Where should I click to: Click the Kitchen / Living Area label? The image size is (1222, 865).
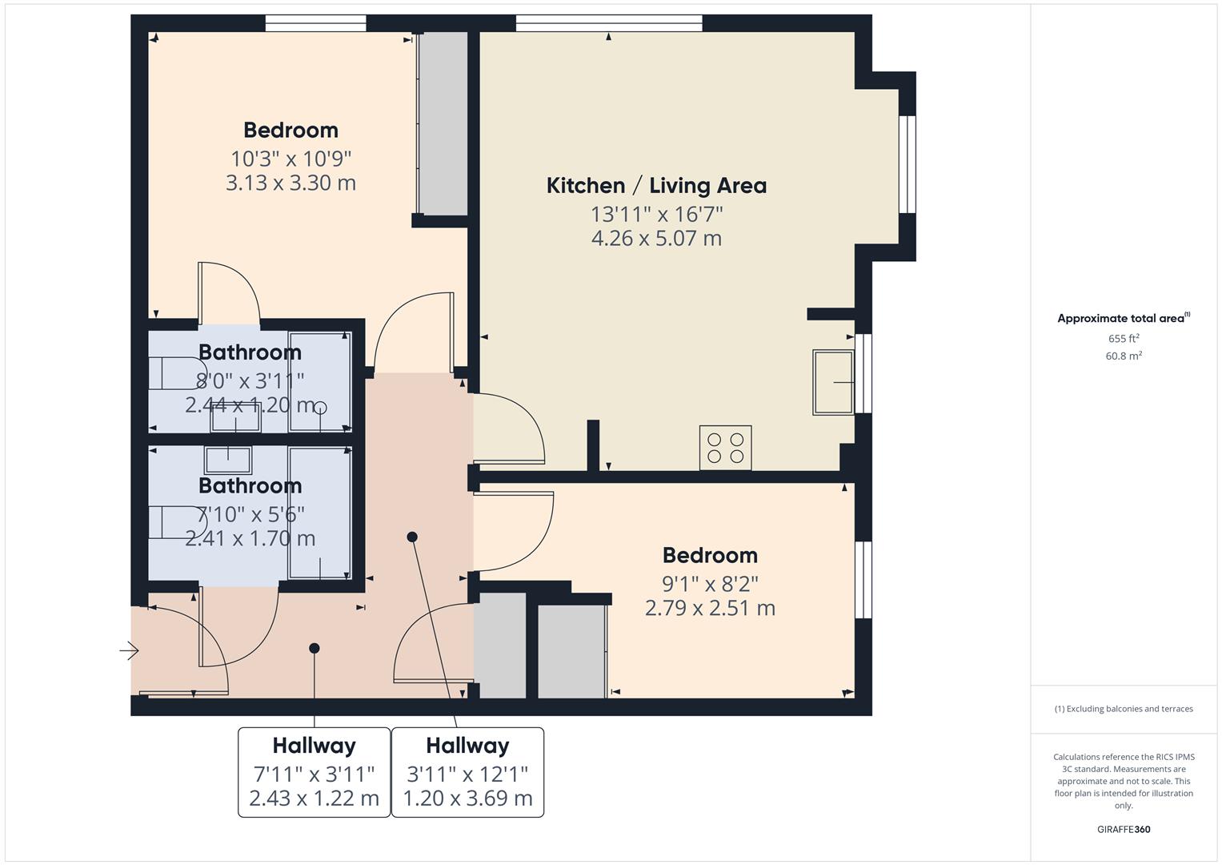pyautogui.click(x=656, y=186)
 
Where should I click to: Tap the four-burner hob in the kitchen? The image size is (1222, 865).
pyautogui.click(x=725, y=448)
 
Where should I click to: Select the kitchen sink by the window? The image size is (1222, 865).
pyautogui.click(x=833, y=382)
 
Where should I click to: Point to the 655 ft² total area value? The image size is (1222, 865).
pyautogui.click(x=1123, y=339)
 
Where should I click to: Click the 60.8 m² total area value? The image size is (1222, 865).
pyautogui.click(x=1123, y=356)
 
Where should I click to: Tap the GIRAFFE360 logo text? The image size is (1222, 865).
pyautogui.click(x=1123, y=829)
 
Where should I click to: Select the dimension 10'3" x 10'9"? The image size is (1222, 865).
pyautogui.click(x=290, y=158)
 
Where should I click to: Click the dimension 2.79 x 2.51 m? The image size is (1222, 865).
pyautogui.click(x=710, y=608)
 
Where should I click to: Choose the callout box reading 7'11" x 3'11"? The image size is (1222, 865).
pyautogui.click(x=314, y=772)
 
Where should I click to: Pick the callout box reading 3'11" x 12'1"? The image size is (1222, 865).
pyautogui.click(x=467, y=772)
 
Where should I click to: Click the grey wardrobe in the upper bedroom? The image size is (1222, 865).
pyautogui.click(x=443, y=124)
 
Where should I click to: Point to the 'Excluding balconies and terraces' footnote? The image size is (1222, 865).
pyautogui.click(x=1123, y=709)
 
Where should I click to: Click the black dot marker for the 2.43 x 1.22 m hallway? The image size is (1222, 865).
pyautogui.click(x=315, y=648)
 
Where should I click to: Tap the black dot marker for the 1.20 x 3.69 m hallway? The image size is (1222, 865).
pyautogui.click(x=412, y=537)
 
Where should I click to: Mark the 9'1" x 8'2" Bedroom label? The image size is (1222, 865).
pyautogui.click(x=710, y=556)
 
